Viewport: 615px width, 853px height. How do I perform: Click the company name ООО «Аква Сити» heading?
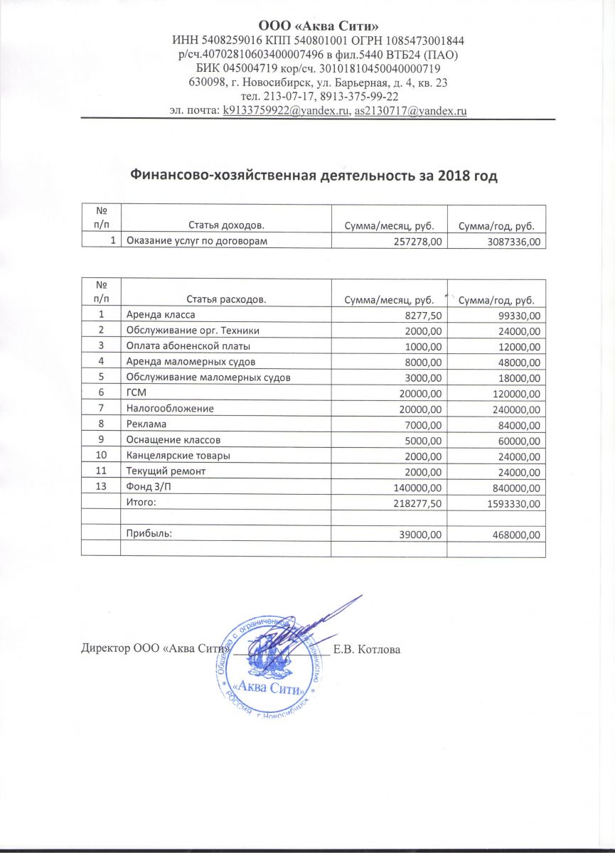tap(307, 26)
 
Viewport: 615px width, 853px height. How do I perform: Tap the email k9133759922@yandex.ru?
tap(285, 111)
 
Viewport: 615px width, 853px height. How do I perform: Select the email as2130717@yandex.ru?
tap(410, 111)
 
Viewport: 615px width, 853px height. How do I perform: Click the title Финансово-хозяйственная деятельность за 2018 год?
tap(314, 176)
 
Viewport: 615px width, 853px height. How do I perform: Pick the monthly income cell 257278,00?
tap(417, 242)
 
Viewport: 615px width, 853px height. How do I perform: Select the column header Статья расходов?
tap(226, 300)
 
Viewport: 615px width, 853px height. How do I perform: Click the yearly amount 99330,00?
tap(517, 315)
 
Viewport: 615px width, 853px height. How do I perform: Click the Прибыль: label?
tap(149, 534)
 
